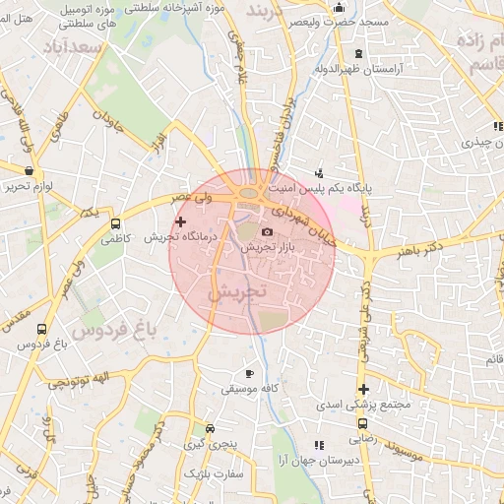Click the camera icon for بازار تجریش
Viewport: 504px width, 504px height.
point(267,231)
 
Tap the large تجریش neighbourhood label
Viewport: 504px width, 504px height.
point(238,293)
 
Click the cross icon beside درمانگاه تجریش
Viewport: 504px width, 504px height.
point(180,222)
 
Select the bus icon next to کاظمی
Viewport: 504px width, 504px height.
point(116,223)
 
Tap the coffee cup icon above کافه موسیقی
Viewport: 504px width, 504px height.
point(249,374)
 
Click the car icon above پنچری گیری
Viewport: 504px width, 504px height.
point(210,429)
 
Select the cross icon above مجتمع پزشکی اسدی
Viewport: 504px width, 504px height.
point(363,389)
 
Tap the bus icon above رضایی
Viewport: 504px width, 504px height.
point(362,424)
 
